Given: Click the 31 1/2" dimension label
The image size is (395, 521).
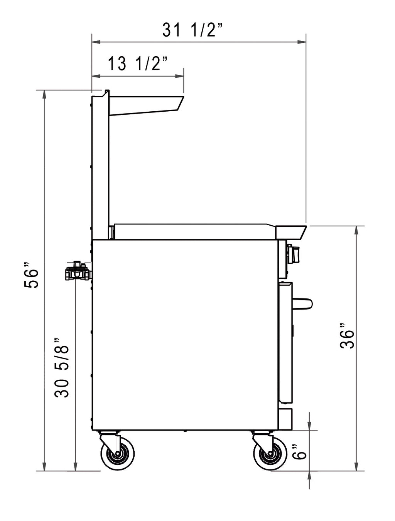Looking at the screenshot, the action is click(x=192, y=30).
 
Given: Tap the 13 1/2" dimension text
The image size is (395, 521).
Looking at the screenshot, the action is click(x=138, y=64).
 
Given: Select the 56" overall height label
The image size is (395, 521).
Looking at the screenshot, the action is click(x=31, y=275).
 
